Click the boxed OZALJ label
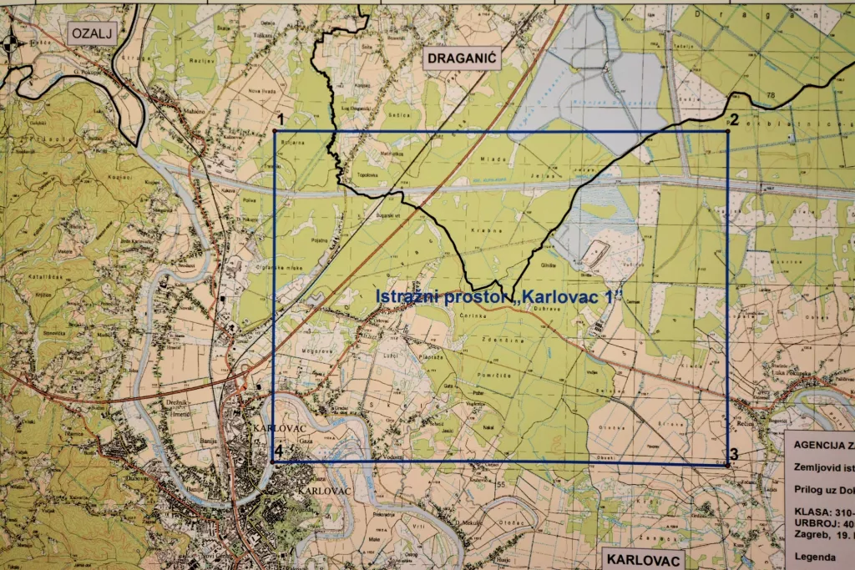tap(91, 33)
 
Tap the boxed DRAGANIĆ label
tap(461, 58)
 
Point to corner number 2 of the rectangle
tap(735, 120)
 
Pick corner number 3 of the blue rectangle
tap(733, 455)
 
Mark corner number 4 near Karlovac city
tap(278, 452)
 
